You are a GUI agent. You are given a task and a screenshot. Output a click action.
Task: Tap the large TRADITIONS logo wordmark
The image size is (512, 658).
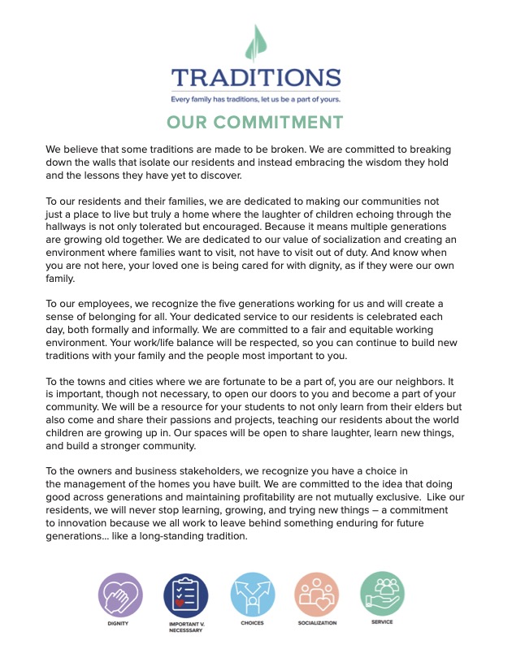pos(255,79)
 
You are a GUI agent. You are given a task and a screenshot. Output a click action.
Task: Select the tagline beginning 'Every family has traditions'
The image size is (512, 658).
pos(255,99)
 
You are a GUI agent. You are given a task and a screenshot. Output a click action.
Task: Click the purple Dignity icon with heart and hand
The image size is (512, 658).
pos(120,595)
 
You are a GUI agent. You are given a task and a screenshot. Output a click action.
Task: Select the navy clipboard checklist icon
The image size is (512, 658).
pos(186,595)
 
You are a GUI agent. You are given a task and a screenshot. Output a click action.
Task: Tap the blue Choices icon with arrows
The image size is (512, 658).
pos(252,595)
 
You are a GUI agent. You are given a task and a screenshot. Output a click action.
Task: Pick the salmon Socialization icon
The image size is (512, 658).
pos(317,595)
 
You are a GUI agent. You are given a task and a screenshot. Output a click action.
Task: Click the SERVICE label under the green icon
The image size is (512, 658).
pos(382,622)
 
